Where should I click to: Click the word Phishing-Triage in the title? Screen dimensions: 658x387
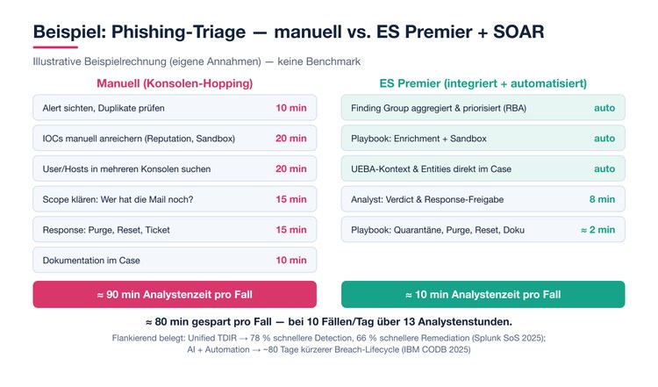coord(178,32)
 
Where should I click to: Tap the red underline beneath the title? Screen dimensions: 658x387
coord(55,47)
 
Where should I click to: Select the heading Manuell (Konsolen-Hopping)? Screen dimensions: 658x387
coord(175,83)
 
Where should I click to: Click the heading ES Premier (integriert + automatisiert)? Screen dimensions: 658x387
coord(483,83)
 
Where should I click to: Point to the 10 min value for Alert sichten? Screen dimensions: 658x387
coord(291,108)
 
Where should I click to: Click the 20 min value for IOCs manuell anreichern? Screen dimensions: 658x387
coord(291,139)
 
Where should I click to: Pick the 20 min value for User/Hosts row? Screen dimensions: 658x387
coord(291,168)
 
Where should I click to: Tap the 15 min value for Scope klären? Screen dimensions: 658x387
coord(291,199)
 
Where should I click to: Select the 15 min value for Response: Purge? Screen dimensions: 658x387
coord(291,230)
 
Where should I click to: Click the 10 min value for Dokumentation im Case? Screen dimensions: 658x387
coord(291,261)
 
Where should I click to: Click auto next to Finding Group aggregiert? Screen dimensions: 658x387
coord(604,108)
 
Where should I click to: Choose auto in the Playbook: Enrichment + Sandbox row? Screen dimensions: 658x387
coord(604,139)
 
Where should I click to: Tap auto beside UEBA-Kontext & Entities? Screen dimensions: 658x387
coord(604,168)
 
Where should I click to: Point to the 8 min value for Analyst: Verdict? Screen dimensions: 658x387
coord(602,199)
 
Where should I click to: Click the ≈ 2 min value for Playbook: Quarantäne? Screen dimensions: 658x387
coord(598,230)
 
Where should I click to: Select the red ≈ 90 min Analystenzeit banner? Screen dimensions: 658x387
coord(175,294)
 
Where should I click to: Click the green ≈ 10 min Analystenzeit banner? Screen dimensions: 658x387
coord(483,294)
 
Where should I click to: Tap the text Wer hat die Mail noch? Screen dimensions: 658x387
coord(147,199)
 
